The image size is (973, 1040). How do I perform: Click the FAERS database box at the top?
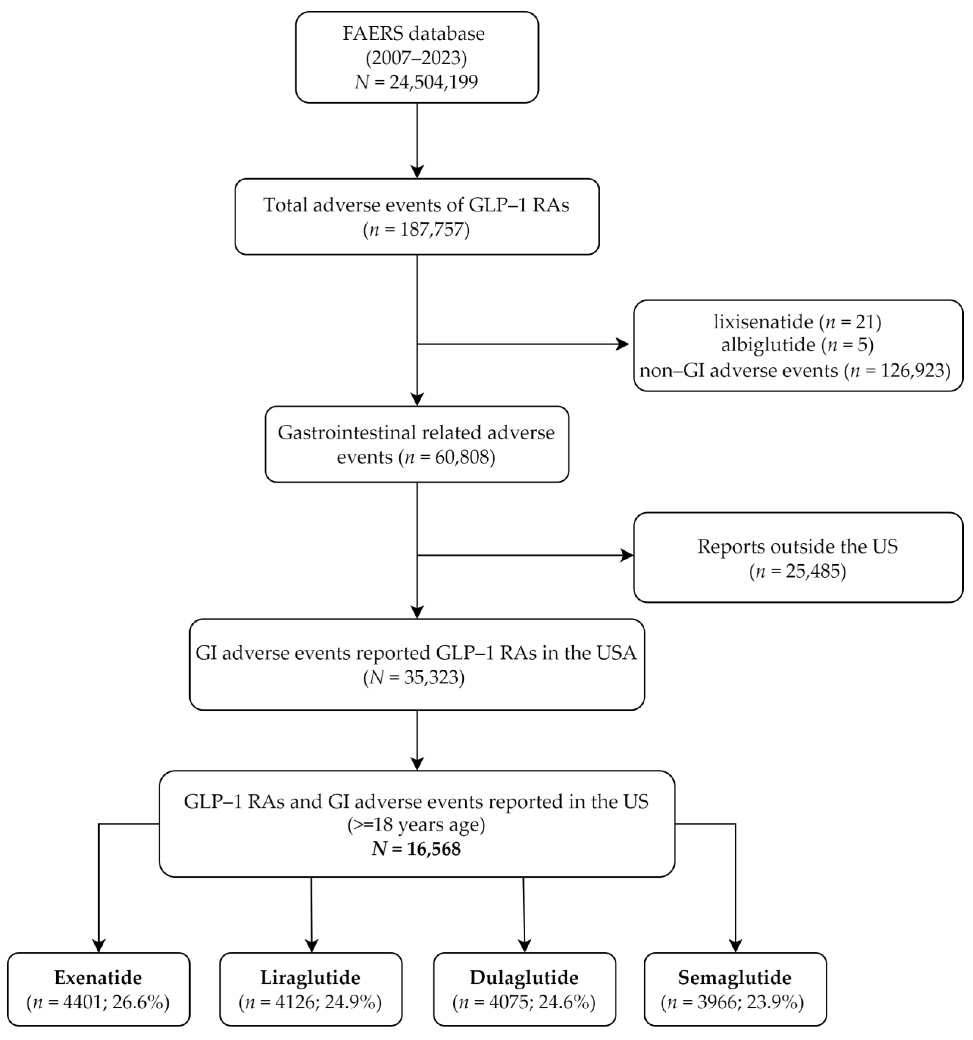pos(417,57)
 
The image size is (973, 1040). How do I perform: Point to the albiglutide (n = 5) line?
pos(797,345)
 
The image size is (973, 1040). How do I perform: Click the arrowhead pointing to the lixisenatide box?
pos(622,344)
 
